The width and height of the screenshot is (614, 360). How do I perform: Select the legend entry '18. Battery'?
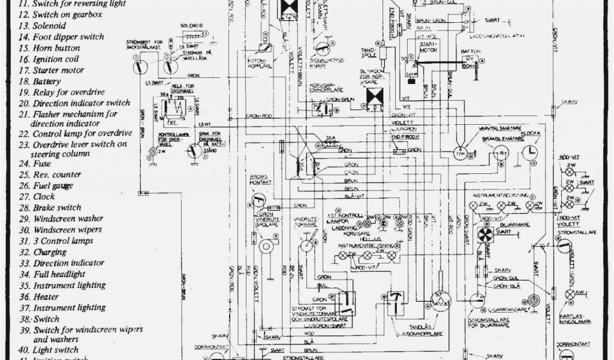pyautogui.click(x=35, y=82)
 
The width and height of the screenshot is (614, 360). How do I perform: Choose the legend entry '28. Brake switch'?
pyautogui.click(x=49, y=208)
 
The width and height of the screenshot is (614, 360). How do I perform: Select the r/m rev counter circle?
pyautogui.click(x=461, y=152)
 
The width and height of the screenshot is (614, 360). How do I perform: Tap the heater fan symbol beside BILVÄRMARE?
pyautogui.click(x=483, y=235)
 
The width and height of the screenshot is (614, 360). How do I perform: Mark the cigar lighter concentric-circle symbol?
pyautogui.click(x=535, y=299)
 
